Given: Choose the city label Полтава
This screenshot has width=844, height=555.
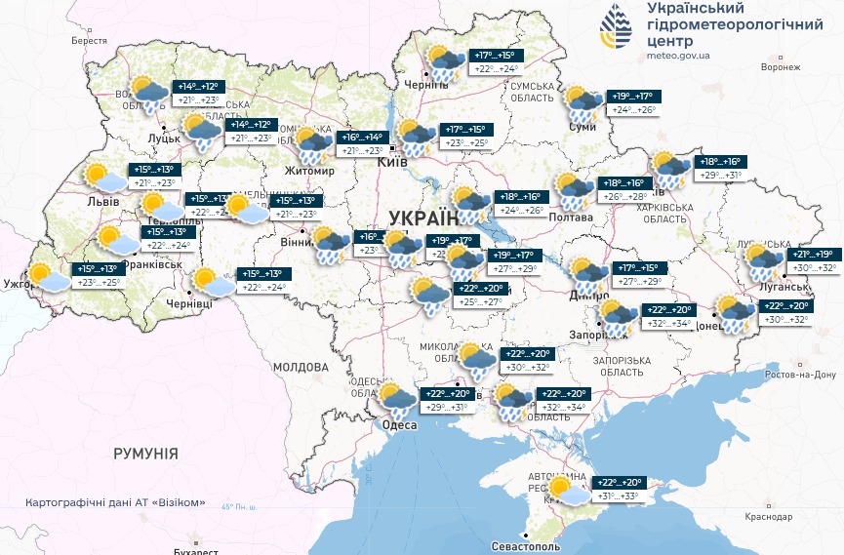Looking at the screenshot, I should (572, 217).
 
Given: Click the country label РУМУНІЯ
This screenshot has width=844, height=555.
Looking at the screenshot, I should (145, 454).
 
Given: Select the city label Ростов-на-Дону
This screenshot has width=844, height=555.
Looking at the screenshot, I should (799, 375).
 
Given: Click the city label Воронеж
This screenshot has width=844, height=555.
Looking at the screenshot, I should (781, 67).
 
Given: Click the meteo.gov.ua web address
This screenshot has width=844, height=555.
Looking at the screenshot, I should (678, 56).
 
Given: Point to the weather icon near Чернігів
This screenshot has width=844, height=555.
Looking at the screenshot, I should (446, 60).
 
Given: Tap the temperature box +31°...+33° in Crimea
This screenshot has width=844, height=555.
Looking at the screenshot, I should (619, 496).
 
